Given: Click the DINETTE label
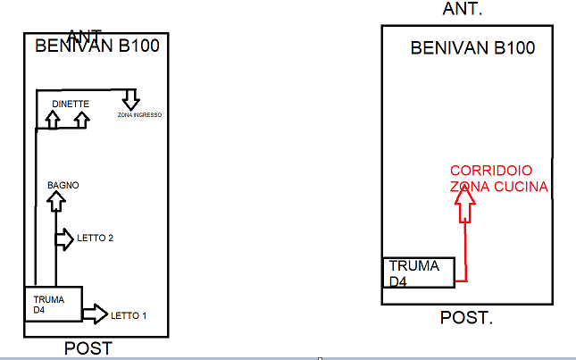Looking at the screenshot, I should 71,104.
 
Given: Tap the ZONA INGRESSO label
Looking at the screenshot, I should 139,115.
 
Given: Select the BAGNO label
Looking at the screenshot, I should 63,185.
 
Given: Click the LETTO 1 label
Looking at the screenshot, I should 129,315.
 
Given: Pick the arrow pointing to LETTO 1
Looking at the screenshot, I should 94,314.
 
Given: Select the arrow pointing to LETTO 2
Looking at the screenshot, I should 65,239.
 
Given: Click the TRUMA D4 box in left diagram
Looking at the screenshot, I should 52,304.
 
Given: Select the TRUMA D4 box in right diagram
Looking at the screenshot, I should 419,272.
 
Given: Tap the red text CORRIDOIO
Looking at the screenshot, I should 491,170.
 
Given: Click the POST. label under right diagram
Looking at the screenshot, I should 467,318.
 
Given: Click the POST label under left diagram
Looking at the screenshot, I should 88,348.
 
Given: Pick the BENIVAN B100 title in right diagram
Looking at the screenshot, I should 472,47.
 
